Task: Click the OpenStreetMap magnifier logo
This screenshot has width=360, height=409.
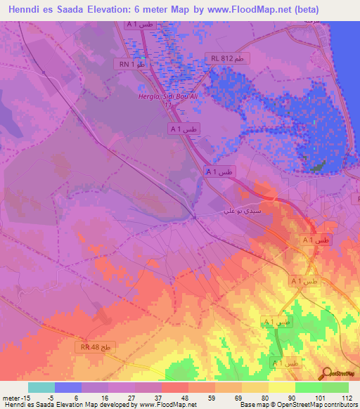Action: tap(326, 373)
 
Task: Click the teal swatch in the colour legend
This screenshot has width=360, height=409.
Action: tap(41, 387)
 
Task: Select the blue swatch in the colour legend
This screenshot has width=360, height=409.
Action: tap(67, 387)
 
